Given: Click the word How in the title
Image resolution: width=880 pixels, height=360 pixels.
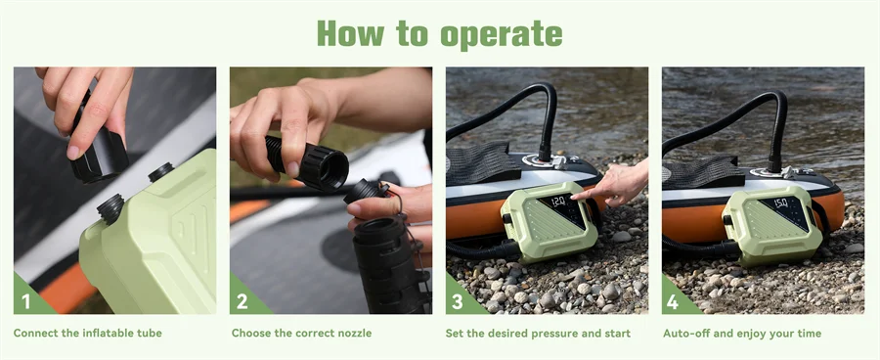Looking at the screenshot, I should pyautogui.click(x=350, y=33).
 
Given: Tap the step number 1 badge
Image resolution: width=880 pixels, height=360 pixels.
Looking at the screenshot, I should pyautogui.click(x=25, y=300).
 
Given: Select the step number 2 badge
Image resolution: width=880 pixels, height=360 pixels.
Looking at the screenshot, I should pyautogui.click(x=242, y=300).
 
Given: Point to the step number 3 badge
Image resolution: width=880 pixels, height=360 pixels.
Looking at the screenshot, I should pyautogui.click(x=458, y=300).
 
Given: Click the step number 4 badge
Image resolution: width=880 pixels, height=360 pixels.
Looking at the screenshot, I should pyautogui.click(x=674, y=300).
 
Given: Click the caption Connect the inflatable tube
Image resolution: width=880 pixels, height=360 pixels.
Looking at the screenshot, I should pyautogui.click(x=88, y=334).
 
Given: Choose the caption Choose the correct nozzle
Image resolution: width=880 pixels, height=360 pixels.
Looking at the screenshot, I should pyautogui.click(x=301, y=334).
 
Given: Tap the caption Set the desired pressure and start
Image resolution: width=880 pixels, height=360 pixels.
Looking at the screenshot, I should pyautogui.click(x=539, y=334).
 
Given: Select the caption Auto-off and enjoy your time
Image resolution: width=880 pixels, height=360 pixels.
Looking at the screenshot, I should pyautogui.click(x=742, y=334).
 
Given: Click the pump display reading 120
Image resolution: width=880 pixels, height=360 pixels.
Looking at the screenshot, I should pyautogui.click(x=558, y=201).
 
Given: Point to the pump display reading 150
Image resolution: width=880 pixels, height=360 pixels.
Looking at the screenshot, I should pyautogui.click(x=781, y=202).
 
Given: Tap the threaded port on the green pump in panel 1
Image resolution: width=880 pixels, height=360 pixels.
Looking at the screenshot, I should pyautogui.click(x=110, y=207).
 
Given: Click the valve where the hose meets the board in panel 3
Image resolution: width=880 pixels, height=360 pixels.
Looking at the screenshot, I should pyautogui.click(x=544, y=155).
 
